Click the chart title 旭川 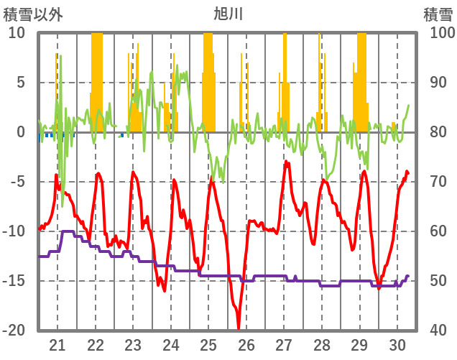pos(228,13)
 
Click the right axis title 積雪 pos(437,13)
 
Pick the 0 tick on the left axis pos(21,132)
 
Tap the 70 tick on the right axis pos(439,182)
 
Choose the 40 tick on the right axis pos(439,331)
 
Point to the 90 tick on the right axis pos(439,83)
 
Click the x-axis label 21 pos(57,344)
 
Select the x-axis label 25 pos(208,344)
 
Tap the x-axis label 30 pos(397,344)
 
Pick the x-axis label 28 pos(322,344)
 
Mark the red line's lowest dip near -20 pos(238,328)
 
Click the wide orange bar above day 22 pos(97,79)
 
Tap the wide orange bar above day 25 pos(208,79)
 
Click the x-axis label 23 pos(133,344)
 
